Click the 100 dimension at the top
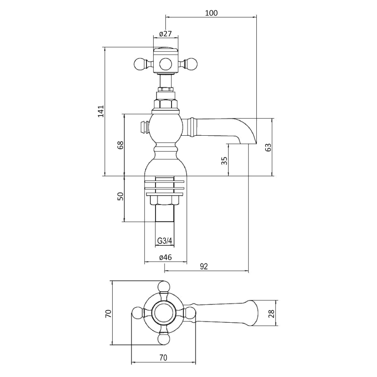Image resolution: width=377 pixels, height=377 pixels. (x=211, y=13)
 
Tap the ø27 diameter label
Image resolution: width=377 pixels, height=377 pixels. (x=166, y=33)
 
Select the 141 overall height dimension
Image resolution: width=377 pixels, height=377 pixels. (x=101, y=111)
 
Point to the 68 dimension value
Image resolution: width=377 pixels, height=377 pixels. (x=120, y=145)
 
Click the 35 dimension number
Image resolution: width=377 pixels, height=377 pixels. (x=224, y=161)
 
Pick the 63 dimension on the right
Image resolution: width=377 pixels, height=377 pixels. (x=268, y=147)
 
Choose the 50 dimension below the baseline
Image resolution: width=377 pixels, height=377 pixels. (x=120, y=196)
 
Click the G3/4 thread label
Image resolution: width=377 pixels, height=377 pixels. (x=165, y=241)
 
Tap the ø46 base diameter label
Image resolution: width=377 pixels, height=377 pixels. (x=166, y=257)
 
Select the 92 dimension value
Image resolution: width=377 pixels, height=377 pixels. (x=204, y=266)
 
